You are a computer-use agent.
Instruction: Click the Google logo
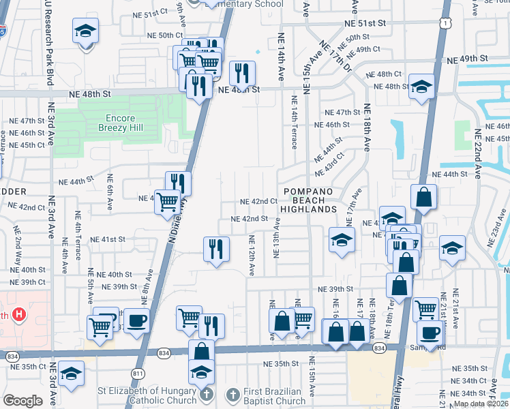[22, 400]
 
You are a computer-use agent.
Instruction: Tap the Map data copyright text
[481, 404]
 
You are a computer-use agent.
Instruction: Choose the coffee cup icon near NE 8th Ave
[136, 320]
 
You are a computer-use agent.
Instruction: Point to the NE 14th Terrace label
[295, 123]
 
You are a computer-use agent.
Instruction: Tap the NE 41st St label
[113, 239]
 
